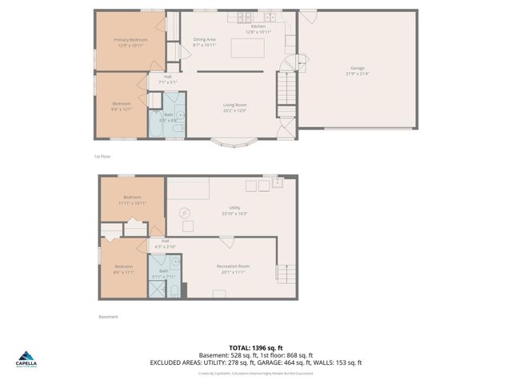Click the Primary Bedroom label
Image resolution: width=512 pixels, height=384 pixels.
[129, 42]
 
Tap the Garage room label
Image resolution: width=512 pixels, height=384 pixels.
[356, 71]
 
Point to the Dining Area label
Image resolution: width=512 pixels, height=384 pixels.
[205, 42]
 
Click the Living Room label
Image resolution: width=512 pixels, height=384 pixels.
[234, 107]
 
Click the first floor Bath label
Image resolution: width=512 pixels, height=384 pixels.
[169, 117]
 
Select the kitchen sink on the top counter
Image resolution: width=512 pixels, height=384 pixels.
[270, 16]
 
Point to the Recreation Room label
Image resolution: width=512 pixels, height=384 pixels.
[234, 269]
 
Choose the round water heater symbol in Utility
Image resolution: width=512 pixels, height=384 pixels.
[185, 213]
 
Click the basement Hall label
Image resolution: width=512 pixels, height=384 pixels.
[165, 244]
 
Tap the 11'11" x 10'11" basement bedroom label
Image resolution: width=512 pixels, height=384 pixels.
[132, 200]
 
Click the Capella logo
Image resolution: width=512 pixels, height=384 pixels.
[27, 358]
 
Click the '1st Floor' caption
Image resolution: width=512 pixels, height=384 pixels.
[101, 157]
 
